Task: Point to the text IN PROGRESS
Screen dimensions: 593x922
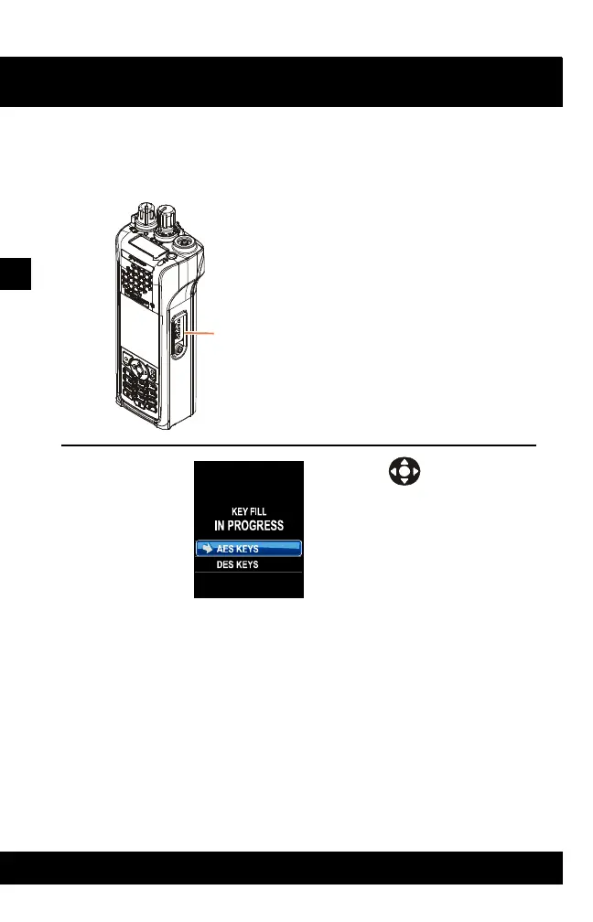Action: coord(248,526)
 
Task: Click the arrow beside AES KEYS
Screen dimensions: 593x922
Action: coord(207,549)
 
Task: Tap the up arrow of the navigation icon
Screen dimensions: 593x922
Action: coord(404,463)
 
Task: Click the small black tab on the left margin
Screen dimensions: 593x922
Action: coord(16,273)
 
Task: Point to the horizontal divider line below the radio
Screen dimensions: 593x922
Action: coord(297,445)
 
